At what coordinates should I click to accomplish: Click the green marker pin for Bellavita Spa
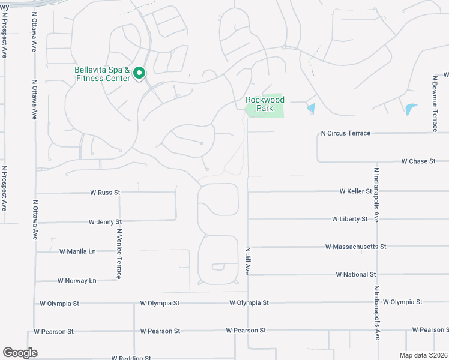(x=139, y=73)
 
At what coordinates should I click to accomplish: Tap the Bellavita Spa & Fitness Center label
(x=102, y=74)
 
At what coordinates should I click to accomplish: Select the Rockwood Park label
(x=265, y=104)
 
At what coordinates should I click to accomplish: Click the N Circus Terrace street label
(x=345, y=133)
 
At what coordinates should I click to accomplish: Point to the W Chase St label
(x=418, y=161)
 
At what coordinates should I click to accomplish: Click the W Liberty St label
(x=349, y=219)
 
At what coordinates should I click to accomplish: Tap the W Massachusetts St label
(x=355, y=247)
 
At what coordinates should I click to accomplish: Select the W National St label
(x=355, y=274)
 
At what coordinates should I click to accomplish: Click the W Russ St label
(x=105, y=193)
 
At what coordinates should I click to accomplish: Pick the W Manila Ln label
(x=77, y=251)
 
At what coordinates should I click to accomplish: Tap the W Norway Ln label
(x=77, y=280)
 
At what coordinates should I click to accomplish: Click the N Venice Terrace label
(x=119, y=253)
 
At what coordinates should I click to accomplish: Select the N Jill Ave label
(x=247, y=260)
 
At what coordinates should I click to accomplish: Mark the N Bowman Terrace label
(x=435, y=103)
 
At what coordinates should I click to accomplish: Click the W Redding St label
(x=131, y=358)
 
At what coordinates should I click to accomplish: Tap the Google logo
(x=20, y=353)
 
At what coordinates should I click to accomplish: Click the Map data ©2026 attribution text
(x=424, y=355)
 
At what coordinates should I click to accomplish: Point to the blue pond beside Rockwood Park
(x=310, y=109)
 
